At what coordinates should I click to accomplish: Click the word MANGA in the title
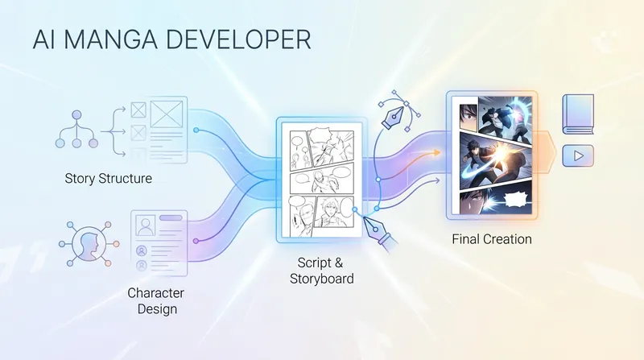click(x=110, y=39)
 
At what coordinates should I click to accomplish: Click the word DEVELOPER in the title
click(x=238, y=39)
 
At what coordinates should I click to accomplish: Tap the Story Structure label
click(x=109, y=178)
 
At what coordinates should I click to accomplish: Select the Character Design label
click(x=155, y=301)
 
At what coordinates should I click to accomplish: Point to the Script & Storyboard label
click(x=321, y=271)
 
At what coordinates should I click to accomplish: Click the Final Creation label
click(x=492, y=239)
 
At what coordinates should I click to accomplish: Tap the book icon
click(x=578, y=114)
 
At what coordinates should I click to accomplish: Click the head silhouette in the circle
click(x=89, y=244)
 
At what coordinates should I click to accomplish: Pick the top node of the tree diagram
click(x=76, y=115)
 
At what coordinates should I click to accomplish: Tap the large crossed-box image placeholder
click(x=167, y=114)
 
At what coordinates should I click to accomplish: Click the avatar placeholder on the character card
click(x=146, y=226)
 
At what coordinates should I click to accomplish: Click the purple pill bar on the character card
click(x=171, y=217)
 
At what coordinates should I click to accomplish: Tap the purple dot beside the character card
click(x=196, y=241)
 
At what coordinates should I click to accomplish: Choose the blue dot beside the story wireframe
click(x=196, y=130)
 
